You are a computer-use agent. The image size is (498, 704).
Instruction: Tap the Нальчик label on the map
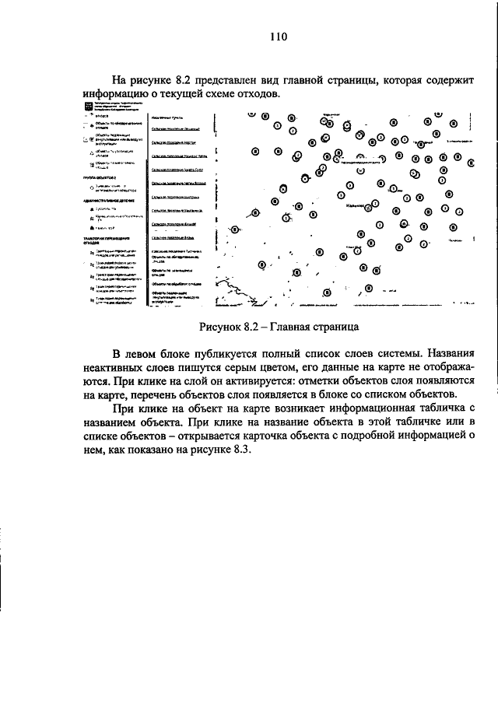pos(356,208)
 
